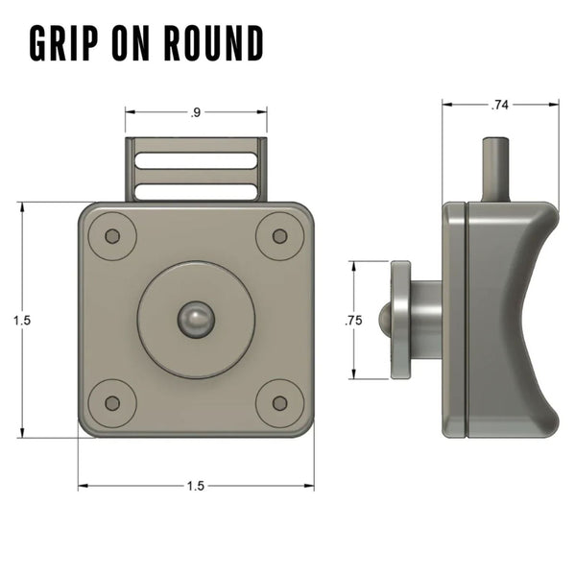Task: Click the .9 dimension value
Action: click(196, 113)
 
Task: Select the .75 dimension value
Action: click(353, 322)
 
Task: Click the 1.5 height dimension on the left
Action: click(22, 322)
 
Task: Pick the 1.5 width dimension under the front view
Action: click(196, 486)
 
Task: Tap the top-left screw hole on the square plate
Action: click(112, 236)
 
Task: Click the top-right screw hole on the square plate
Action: click(279, 236)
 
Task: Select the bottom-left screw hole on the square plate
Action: click(112, 403)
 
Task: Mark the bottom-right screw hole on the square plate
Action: click(279, 403)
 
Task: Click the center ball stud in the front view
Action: click(196, 319)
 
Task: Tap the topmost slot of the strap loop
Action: click(196, 157)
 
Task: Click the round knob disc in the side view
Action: click(400, 320)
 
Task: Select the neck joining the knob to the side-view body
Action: click(427, 320)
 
